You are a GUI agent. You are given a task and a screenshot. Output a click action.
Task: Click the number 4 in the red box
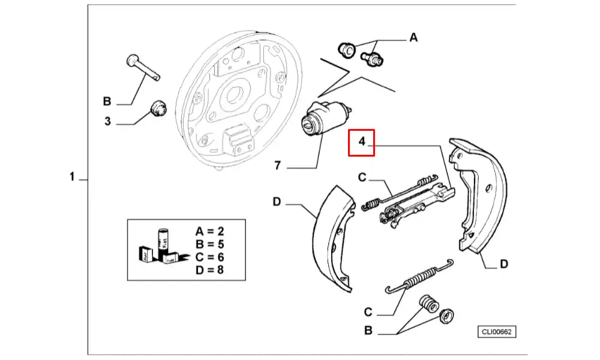point(362,143)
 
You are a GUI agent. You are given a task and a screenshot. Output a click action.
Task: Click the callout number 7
point(277,166)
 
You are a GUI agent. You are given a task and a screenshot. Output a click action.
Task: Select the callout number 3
point(107,121)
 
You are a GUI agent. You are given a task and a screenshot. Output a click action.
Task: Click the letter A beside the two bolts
point(413,38)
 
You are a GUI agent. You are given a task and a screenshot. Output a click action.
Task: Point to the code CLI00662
point(497,332)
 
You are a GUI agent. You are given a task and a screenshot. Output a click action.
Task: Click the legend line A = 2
point(211,231)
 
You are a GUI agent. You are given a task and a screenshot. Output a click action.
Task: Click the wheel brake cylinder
point(325,119)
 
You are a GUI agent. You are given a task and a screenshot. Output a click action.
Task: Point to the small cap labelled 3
point(158,109)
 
